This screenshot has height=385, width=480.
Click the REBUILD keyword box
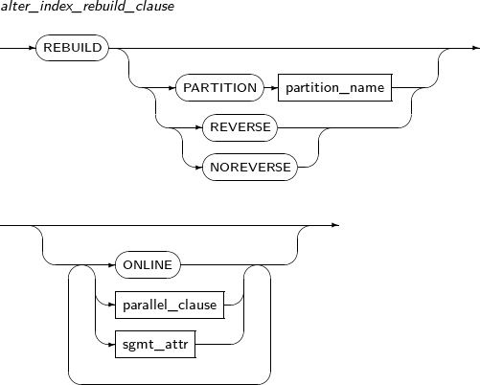tap(72, 48)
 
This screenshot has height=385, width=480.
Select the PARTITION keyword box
tap(219, 88)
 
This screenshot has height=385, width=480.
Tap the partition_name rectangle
tap(335, 88)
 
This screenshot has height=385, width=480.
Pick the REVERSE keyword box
tap(240, 127)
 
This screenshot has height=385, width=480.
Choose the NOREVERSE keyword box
tap(250, 168)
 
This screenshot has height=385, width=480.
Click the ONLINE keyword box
tap(148, 265)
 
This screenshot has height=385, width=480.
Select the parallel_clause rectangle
tap(170, 305)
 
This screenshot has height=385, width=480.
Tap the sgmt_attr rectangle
tap(155, 345)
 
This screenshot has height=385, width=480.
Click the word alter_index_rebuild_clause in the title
tap(87, 7)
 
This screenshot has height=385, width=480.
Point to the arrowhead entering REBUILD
tap(33, 48)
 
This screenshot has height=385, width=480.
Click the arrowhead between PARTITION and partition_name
tap(275, 88)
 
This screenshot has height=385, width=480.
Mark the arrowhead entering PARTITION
tap(172, 88)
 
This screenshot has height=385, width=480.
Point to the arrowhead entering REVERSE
tap(199, 127)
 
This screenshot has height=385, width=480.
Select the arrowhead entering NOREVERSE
tap(199, 168)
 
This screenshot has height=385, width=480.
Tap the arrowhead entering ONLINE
tap(111, 265)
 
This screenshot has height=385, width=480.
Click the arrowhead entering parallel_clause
tap(111, 305)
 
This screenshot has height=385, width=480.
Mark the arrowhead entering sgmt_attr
tap(111, 345)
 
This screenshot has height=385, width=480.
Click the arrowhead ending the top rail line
tap(476, 48)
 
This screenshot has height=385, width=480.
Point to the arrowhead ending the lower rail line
tap(335, 225)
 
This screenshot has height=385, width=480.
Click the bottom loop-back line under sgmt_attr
tap(170, 384)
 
